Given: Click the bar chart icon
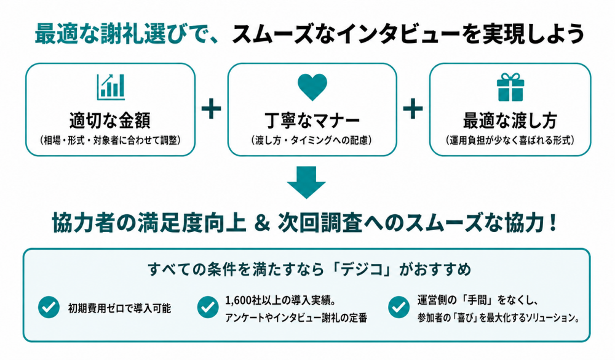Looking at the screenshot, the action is click(111, 87).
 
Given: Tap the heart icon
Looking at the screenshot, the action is click(312, 86).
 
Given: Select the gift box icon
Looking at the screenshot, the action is click(510, 87).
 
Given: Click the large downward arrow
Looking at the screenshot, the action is click(306, 182).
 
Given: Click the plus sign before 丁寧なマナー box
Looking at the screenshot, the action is click(212, 109).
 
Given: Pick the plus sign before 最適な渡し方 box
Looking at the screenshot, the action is click(413, 109).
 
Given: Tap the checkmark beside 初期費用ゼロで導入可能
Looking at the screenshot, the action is click(49, 307).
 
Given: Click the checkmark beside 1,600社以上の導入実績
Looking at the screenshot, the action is click(208, 307).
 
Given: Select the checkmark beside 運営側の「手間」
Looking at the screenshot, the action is click(399, 307).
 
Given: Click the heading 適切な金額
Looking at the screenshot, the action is click(110, 120).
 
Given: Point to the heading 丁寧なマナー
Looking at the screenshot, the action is click(312, 121).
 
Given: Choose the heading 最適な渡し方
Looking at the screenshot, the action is click(510, 121).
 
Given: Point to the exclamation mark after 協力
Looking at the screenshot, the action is click(553, 223).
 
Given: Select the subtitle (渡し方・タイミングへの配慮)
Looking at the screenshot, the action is click(312, 140).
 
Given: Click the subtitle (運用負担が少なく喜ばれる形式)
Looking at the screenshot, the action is click(510, 140).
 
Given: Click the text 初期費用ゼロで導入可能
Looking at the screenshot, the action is click(120, 308).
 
